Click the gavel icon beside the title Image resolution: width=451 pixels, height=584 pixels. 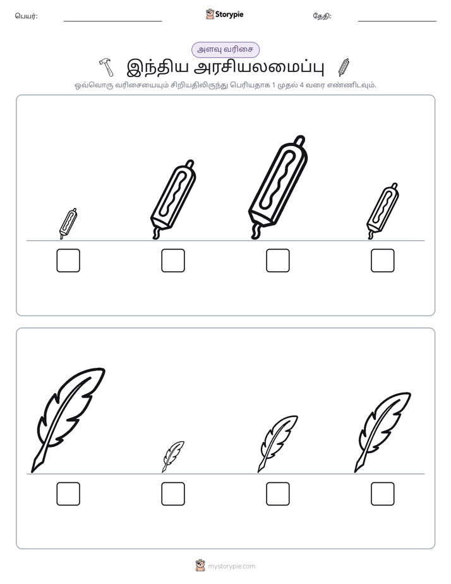pos(106,67)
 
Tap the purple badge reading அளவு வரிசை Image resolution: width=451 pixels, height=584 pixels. pos(225,49)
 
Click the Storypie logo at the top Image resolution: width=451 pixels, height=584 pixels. pos(224,15)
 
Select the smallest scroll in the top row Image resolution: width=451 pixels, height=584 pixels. pos(68,224)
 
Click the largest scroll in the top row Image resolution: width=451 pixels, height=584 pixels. pos(278,187)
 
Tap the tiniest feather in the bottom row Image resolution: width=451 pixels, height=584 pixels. pos(173,456)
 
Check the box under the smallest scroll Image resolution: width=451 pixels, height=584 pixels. pos(68,260)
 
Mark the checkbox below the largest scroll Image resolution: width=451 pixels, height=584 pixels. pos(278,260)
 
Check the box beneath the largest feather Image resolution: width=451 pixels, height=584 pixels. pos(68,494)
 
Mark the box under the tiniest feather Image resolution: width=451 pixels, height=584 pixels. pos(173,494)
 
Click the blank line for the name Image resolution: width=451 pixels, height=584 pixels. pos(112,21)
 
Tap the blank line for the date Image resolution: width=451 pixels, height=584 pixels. pos(397,21)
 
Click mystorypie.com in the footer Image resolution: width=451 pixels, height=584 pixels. pos(231,566)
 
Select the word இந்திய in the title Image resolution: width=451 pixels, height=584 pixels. pos(156,67)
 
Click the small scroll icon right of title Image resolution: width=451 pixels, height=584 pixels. pos(344,67)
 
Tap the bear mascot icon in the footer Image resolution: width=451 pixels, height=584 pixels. pos(200,566)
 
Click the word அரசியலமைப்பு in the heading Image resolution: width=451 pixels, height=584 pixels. pos(260,67)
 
